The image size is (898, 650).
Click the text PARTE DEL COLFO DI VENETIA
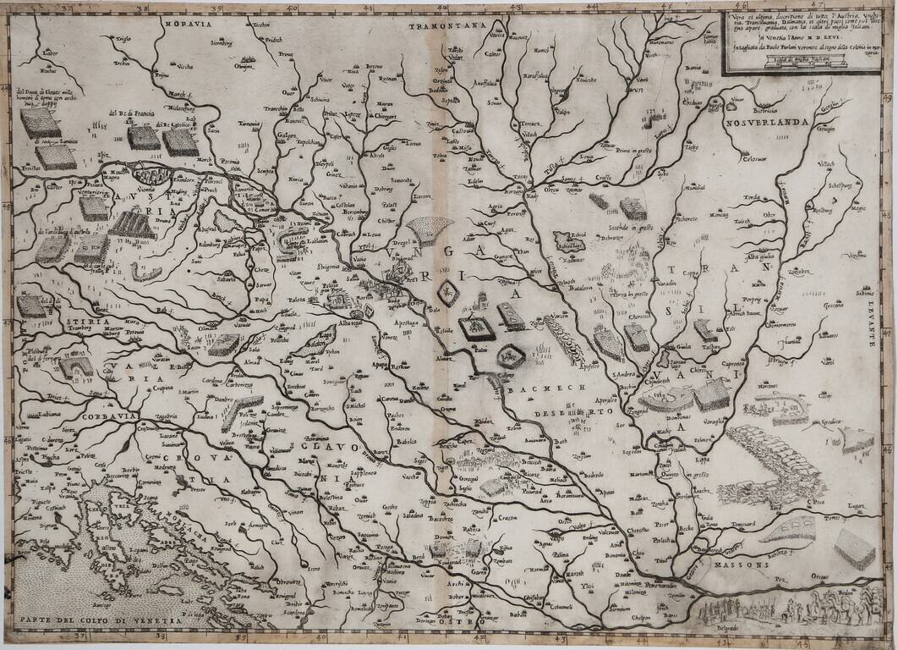click(x=101, y=622)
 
